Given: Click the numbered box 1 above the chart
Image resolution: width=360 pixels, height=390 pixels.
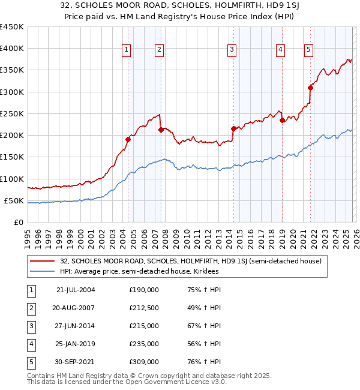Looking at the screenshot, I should click(x=127, y=50).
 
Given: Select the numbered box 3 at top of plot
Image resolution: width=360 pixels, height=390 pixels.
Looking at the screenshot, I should click(x=232, y=50).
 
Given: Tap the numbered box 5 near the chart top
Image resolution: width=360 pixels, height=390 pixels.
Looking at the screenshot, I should click(x=308, y=50).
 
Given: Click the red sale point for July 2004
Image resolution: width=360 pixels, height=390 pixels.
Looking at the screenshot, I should click(x=128, y=139).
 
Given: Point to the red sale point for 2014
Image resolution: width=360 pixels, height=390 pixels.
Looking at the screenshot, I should click(x=233, y=128).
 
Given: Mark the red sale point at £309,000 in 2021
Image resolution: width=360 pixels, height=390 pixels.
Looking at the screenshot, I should click(x=311, y=88).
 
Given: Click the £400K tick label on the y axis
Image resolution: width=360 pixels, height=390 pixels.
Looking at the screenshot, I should click(x=12, y=49).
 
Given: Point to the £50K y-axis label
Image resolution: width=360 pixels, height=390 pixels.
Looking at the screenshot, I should click(x=14, y=200).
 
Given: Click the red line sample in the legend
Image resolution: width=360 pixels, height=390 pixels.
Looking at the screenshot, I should click(x=43, y=261).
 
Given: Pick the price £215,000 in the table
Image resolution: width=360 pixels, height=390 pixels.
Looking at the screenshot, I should click(x=144, y=326).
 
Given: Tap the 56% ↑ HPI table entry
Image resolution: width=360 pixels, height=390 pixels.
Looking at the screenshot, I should click(x=204, y=344).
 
